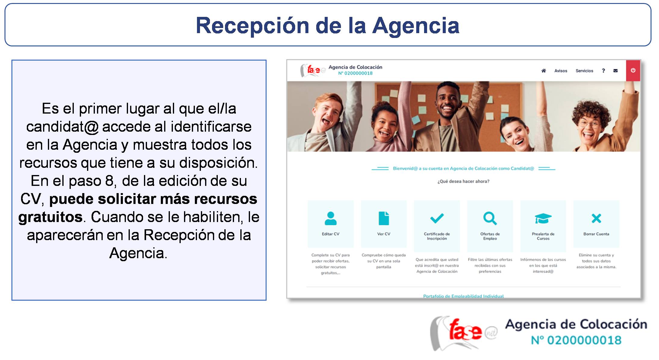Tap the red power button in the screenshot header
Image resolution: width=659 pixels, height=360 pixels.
(633, 70)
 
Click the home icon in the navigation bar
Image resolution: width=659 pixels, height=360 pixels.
(543, 71)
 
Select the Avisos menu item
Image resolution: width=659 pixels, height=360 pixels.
(561, 71)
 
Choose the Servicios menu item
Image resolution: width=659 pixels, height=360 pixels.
(584, 71)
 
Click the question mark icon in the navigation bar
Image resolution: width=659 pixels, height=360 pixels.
(603, 71)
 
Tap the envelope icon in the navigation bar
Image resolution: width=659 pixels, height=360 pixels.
(615, 71)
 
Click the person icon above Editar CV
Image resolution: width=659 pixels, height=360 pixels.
(330, 218)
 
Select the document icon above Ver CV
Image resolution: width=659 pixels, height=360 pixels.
(383, 218)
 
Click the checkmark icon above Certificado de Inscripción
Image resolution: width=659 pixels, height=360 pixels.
(437, 218)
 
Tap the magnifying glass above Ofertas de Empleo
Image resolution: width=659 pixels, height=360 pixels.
(490, 218)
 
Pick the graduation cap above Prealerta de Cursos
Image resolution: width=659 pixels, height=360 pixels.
(543, 218)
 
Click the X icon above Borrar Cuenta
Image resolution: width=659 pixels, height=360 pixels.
(596, 218)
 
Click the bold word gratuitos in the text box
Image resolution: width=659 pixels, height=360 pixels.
(50, 217)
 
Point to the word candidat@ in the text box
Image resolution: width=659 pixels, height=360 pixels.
(62, 127)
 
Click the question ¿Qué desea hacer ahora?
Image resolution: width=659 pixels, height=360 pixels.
(463, 181)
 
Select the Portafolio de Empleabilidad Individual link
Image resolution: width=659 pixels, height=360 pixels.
(463, 296)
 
